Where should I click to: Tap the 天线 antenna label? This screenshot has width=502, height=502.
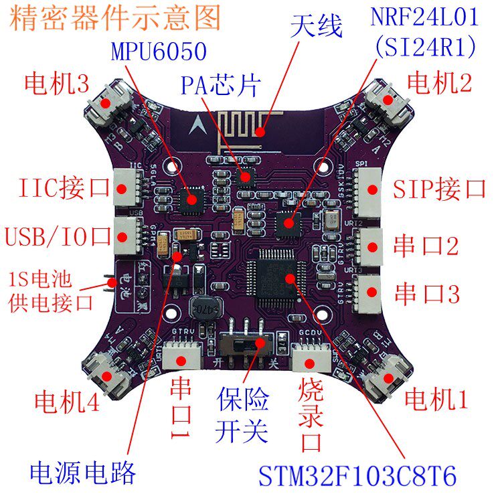click(317, 28)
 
